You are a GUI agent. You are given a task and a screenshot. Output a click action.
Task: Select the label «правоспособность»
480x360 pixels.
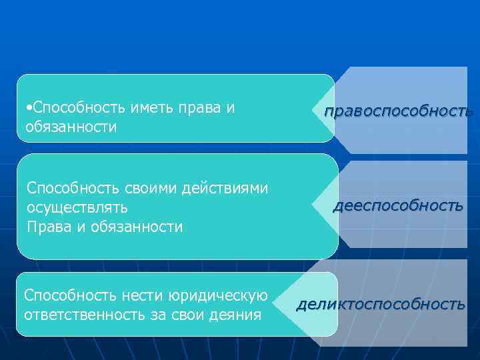pyautogui.click(x=398, y=111)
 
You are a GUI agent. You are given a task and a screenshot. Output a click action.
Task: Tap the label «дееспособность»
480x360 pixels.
pyautogui.click(x=398, y=206)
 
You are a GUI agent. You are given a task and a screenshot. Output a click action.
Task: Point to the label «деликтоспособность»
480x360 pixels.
pyautogui.click(x=381, y=305)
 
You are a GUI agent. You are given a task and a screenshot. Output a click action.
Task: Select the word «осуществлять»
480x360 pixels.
pyautogui.click(x=77, y=208)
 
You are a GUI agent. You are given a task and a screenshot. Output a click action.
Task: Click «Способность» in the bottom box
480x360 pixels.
pyautogui.click(x=62, y=295)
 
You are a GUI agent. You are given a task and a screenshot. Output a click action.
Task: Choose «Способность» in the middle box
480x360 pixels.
pyautogui.click(x=66, y=189)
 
